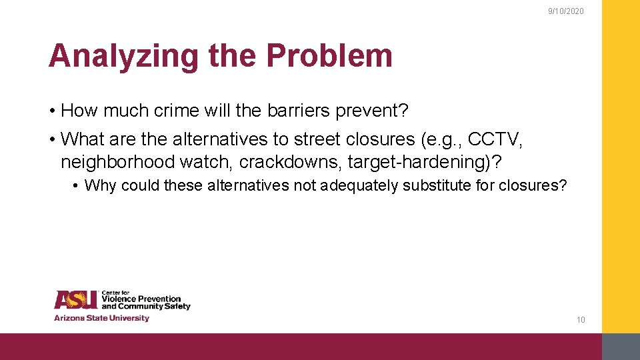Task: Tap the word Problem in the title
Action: pos(329,56)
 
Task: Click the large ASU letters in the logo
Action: pos(75,300)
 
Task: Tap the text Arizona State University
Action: pos(101,318)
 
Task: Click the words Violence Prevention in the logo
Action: pos(141,299)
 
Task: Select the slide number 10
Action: pos(581,320)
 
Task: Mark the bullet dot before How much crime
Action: pos(51,111)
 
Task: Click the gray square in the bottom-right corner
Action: pos(621,347)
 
